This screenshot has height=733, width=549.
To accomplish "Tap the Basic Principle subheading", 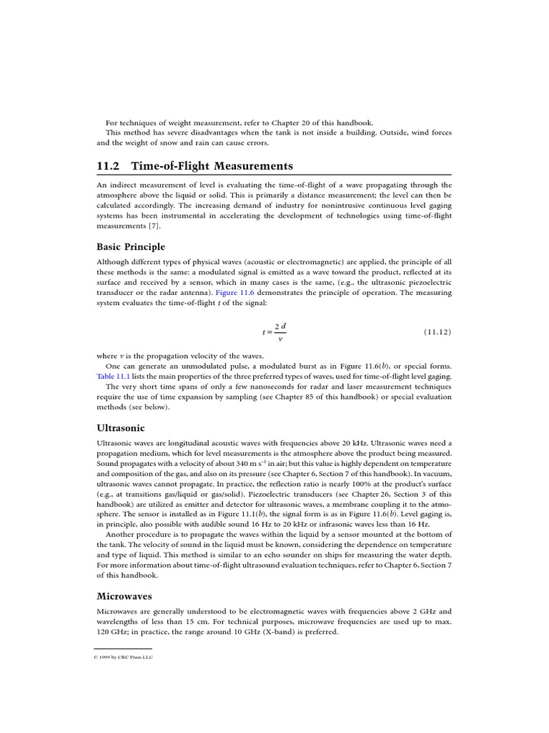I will pyautogui.click(x=131, y=247).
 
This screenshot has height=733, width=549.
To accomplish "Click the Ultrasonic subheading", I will pyautogui.click(x=121, y=428).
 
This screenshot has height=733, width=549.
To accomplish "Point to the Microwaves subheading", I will pyautogui.click(x=124, y=596).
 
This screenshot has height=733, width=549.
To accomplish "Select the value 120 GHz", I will pyautogui.click(x=109, y=632).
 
